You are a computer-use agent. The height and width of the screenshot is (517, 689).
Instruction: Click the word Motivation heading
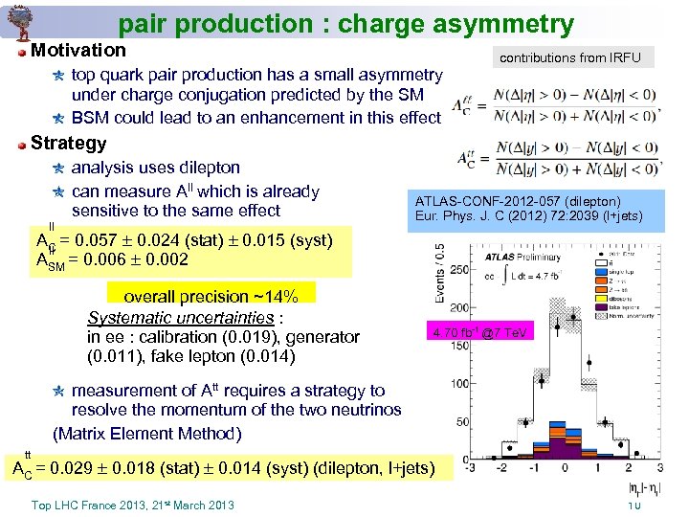78,50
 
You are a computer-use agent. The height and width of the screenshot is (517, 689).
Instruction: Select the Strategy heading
69,144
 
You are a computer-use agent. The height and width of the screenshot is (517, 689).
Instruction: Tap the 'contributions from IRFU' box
576,57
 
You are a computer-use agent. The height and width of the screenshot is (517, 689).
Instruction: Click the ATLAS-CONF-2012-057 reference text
518,201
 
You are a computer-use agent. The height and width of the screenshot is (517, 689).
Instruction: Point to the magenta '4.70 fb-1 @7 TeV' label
478,332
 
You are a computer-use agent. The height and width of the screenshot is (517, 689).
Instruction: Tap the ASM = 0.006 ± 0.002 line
112,259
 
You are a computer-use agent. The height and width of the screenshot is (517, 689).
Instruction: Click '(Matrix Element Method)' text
147,433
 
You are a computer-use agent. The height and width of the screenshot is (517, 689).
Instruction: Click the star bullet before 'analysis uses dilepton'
58,168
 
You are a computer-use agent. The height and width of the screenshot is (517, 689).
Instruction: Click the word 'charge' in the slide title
317,24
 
